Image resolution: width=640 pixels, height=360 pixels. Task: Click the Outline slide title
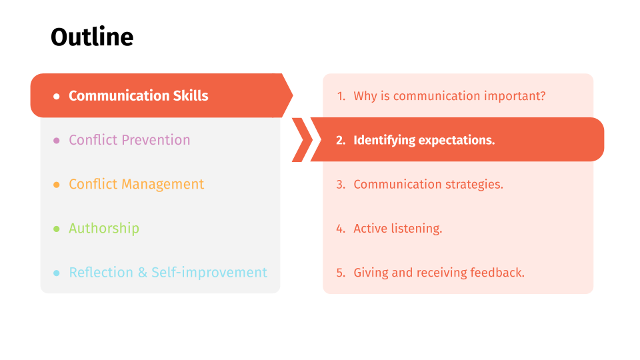92,37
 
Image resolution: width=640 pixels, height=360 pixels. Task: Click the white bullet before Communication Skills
56,96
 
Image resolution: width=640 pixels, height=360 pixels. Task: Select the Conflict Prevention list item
129,140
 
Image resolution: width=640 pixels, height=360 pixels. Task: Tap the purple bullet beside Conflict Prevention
56,141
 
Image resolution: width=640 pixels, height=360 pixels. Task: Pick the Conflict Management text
136,185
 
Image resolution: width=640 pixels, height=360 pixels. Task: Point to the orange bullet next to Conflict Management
56,185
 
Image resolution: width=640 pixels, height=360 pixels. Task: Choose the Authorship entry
104,228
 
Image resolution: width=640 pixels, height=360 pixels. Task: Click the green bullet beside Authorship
56,229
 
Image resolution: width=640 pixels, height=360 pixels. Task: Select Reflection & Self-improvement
168,272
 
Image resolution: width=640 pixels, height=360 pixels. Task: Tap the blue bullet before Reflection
56,273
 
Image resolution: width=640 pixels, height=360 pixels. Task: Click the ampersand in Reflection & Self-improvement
143,273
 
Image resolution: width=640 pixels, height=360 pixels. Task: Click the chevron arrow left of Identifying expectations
301,139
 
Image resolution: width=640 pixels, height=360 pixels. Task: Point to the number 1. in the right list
341,96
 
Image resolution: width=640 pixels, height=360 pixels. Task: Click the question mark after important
543,96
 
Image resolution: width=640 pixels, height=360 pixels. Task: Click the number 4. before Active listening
341,229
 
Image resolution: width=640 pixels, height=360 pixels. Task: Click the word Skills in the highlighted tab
191,96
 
